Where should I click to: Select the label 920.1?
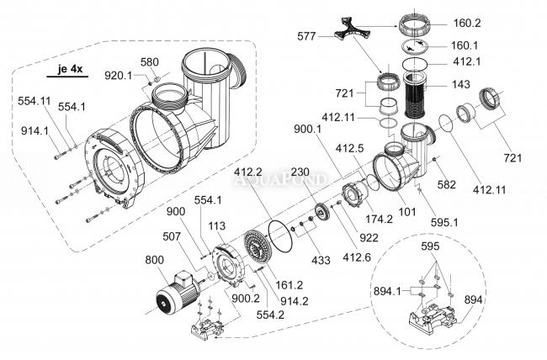coord(118,76)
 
